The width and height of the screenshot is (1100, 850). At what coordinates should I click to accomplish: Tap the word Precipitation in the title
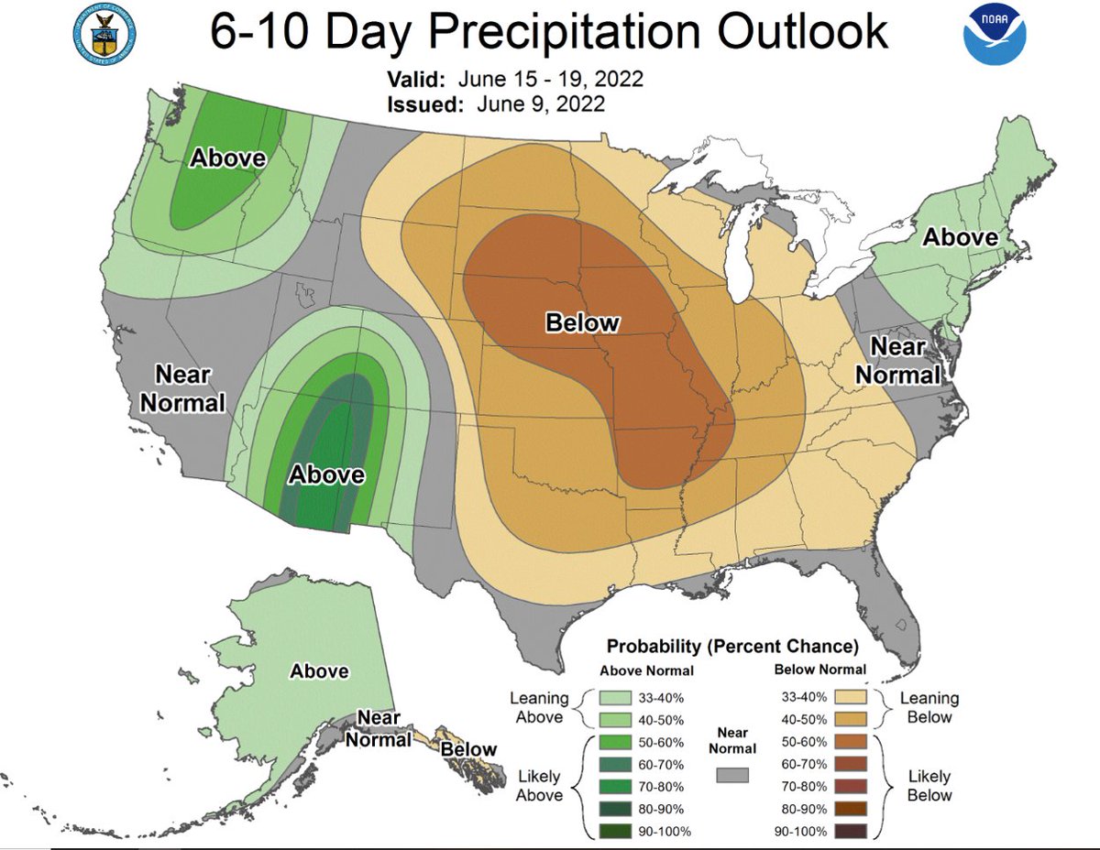[567, 33]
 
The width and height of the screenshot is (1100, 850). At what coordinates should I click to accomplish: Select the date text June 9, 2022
[541, 104]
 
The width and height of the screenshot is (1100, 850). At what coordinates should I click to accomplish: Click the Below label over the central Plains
[582, 322]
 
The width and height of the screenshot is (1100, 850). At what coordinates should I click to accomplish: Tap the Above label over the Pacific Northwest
[227, 158]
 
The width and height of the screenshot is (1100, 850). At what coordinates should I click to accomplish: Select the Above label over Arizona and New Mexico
[327, 475]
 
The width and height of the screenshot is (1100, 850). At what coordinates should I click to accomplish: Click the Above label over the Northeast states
[959, 237]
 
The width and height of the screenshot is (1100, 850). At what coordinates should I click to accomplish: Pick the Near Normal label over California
[190, 388]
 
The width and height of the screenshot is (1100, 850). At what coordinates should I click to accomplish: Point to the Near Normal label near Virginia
[905, 361]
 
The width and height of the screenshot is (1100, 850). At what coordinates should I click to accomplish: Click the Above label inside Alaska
[319, 671]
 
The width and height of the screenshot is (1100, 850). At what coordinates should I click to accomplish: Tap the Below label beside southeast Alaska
[468, 750]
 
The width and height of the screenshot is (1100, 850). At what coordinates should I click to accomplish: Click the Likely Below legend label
[929, 786]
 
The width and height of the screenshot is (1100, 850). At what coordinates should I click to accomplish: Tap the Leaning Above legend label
[539, 707]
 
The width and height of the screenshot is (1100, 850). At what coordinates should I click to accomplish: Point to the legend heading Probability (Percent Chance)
[732, 646]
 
